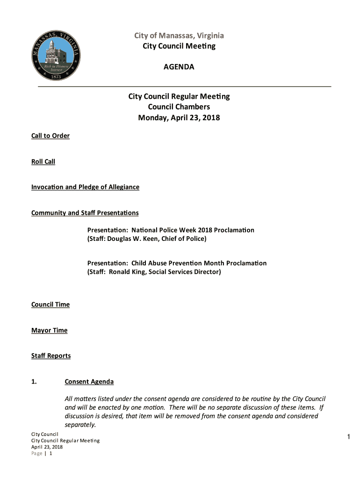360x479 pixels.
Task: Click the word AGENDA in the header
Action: point(179,67)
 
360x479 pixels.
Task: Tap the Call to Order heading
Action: point(50,136)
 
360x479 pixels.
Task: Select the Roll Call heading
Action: point(43,161)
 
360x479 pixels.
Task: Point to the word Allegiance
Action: point(123,187)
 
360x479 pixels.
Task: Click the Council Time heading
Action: point(50,305)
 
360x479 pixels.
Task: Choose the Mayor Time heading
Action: point(49,330)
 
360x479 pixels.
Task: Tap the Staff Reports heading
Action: point(51,356)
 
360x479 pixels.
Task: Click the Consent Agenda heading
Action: point(89,382)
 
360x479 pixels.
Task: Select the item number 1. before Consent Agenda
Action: point(34,382)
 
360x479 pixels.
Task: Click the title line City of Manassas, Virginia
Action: point(179,36)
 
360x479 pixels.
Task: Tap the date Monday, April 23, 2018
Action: point(179,118)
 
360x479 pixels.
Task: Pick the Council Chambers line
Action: point(179,107)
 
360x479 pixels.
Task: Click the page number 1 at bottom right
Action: point(349,437)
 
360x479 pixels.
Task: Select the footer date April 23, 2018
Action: point(47,447)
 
